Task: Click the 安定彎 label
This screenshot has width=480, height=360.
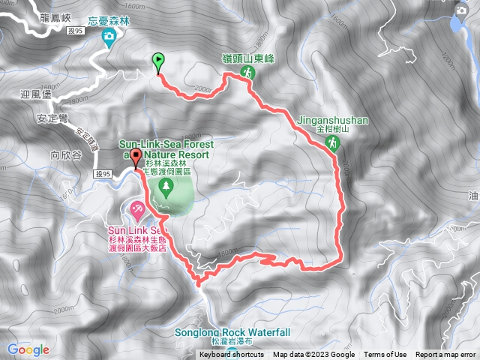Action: tap(52, 118)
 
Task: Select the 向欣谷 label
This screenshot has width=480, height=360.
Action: tap(65, 155)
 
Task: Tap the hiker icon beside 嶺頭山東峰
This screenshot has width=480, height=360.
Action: tap(247, 73)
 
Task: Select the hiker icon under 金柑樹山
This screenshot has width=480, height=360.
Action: tap(334, 142)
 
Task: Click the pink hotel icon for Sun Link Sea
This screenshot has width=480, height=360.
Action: tap(137, 208)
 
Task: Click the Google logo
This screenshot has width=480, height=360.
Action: tap(28, 349)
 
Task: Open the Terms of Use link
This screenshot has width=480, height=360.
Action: tap(385, 355)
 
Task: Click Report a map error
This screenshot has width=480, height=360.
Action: tap(446, 355)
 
